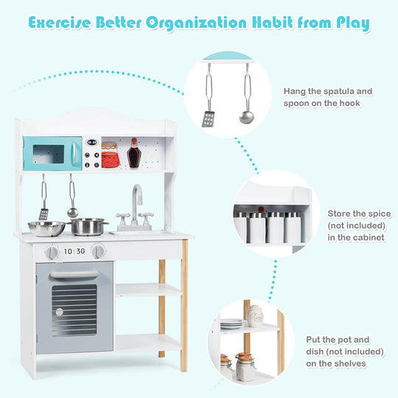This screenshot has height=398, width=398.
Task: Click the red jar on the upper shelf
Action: (x=110, y=155)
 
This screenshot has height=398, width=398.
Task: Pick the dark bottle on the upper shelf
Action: (x=133, y=153)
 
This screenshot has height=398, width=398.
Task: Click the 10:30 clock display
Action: (x=74, y=251)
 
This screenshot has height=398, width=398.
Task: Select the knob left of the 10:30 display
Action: (x=52, y=252)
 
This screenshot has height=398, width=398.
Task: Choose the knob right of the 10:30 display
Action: (x=97, y=251)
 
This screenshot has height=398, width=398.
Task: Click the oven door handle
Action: (x=74, y=274)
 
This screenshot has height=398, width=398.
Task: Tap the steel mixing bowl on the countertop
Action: (x=46, y=228)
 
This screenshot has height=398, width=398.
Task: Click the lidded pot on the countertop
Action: (x=90, y=226)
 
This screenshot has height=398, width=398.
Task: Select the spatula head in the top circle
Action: (x=209, y=119)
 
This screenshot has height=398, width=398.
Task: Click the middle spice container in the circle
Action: (x=276, y=228)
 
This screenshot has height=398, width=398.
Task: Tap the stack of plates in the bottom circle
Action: (x=231, y=324)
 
